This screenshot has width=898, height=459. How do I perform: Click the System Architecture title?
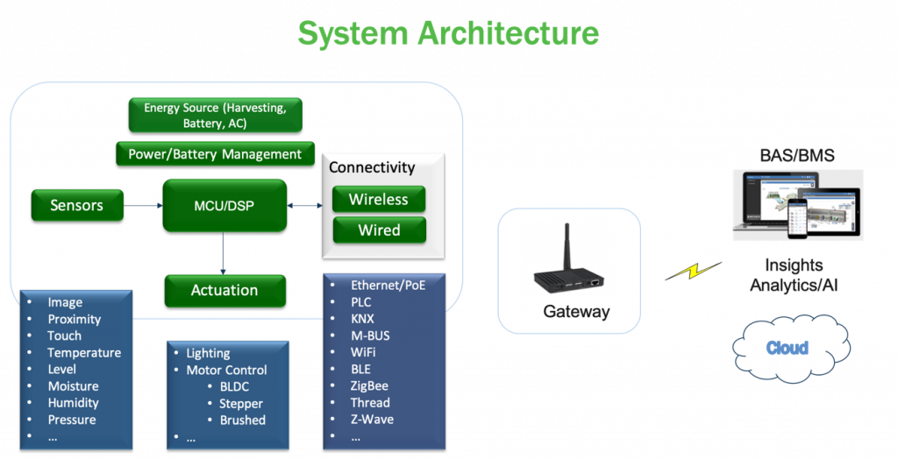[x=448, y=32]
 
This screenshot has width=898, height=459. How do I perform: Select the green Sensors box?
[x=77, y=205]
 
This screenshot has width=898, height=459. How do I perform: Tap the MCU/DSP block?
[x=224, y=206]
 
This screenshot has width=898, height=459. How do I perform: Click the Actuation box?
[x=224, y=290]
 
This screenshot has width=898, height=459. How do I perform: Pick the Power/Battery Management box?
[x=215, y=154]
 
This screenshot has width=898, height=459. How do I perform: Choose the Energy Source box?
[x=215, y=116]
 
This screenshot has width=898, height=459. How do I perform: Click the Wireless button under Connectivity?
[x=378, y=199]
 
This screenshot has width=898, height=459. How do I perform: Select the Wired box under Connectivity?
[x=378, y=230]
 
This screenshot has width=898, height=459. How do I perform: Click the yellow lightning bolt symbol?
[x=694, y=272]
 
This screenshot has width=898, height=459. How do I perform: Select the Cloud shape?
[x=787, y=348]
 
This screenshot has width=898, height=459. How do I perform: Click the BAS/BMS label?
[x=796, y=156]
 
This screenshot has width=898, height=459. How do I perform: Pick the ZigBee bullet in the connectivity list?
[x=369, y=385]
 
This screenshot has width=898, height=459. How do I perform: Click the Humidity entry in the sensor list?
[x=73, y=403]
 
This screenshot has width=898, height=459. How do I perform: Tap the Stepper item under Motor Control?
[x=240, y=404]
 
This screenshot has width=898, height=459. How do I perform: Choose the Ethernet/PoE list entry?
[x=388, y=286]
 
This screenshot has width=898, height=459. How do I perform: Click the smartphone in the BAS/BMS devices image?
[x=796, y=216]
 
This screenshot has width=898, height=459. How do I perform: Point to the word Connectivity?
[x=372, y=167]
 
